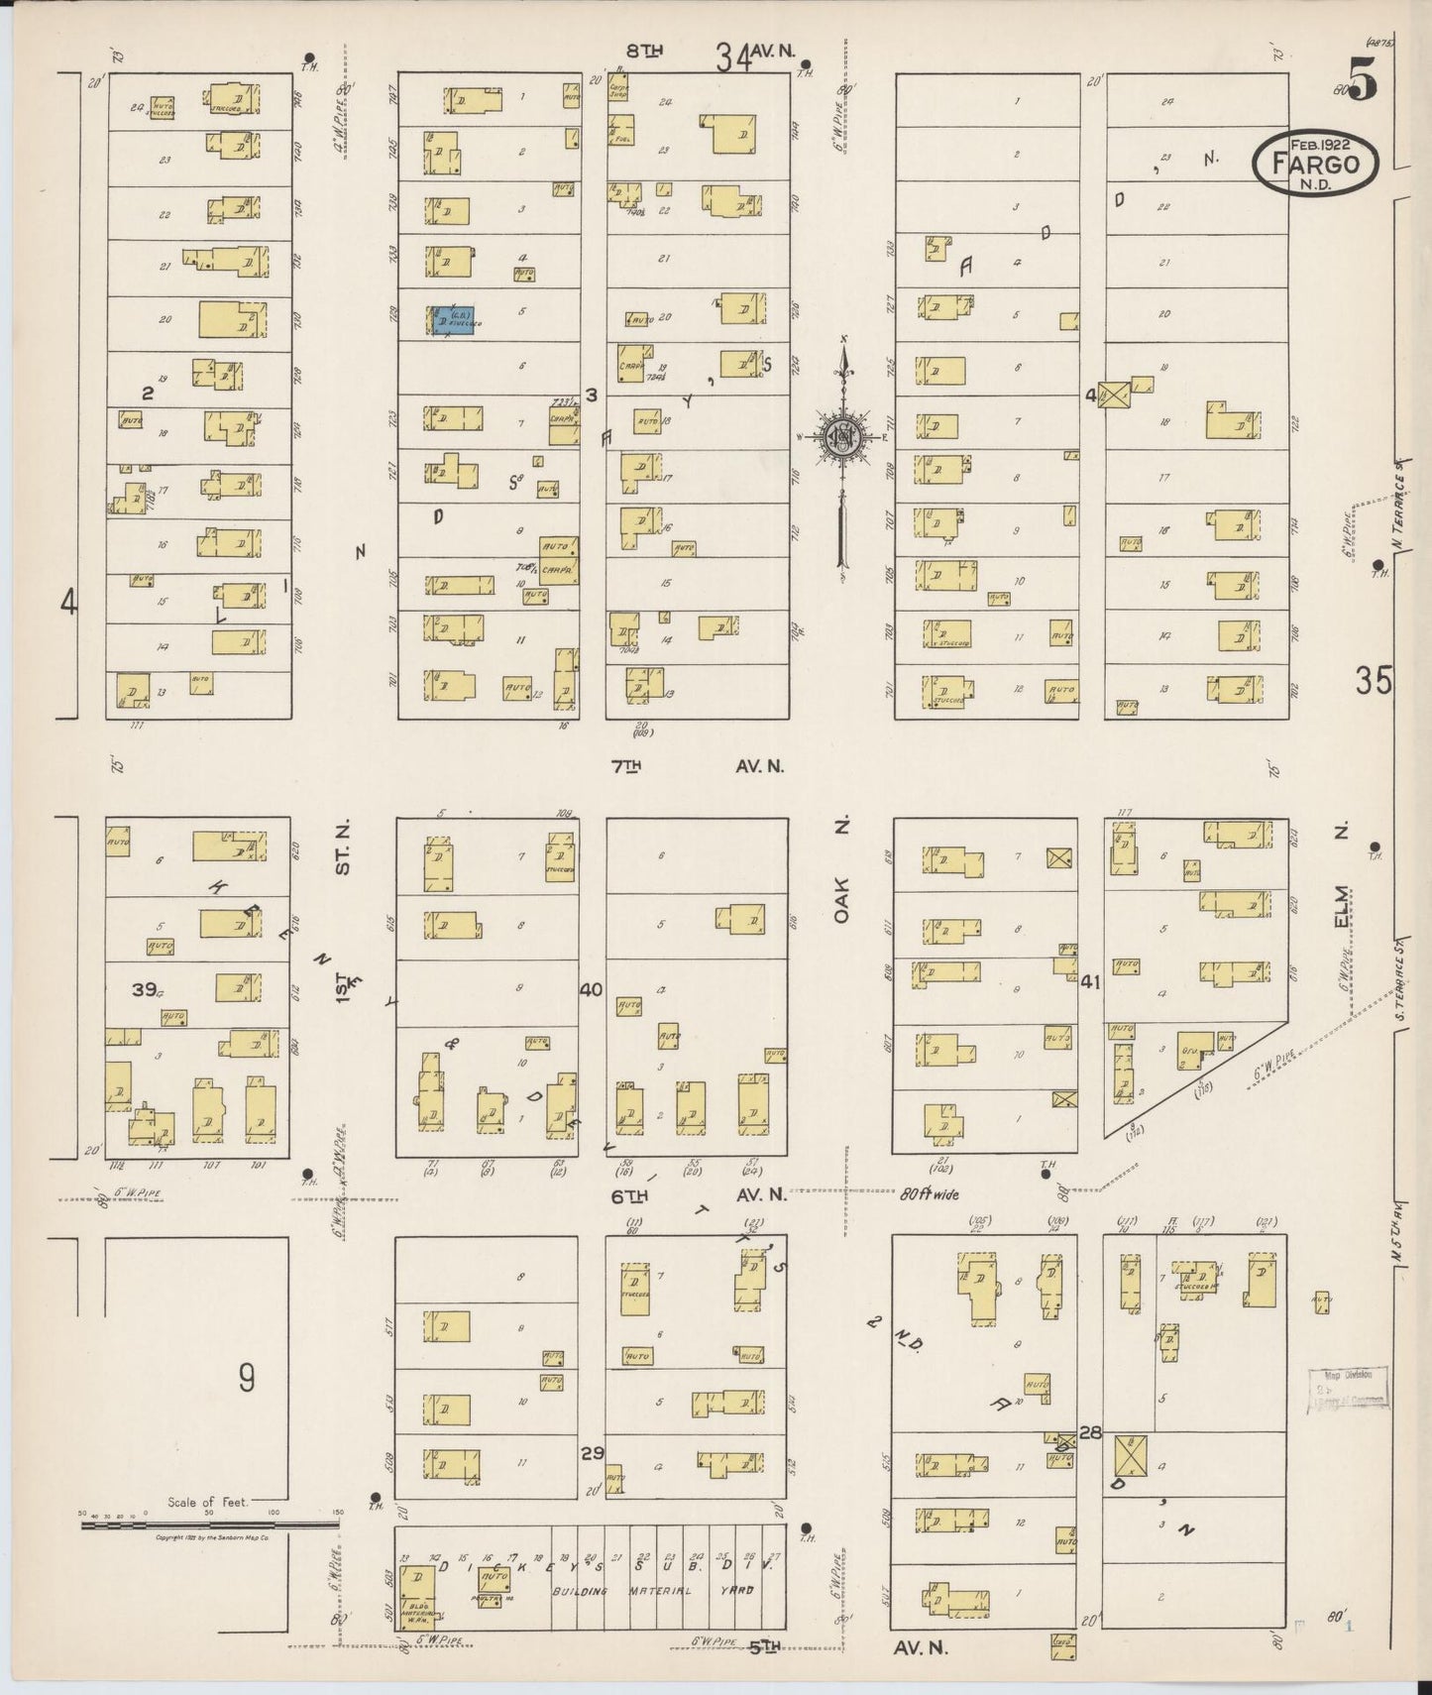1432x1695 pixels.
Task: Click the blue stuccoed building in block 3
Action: point(451,320)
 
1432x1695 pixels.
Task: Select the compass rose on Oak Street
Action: point(842,436)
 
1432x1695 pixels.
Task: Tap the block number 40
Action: point(592,989)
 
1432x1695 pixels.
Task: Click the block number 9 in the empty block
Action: point(246,1377)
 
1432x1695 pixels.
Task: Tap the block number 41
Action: point(1090,982)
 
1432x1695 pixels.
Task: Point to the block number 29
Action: point(592,1453)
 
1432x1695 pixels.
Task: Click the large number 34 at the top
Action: point(734,61)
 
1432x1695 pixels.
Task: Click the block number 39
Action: point(146,988)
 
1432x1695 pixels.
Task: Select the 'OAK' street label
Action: point(841,903)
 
